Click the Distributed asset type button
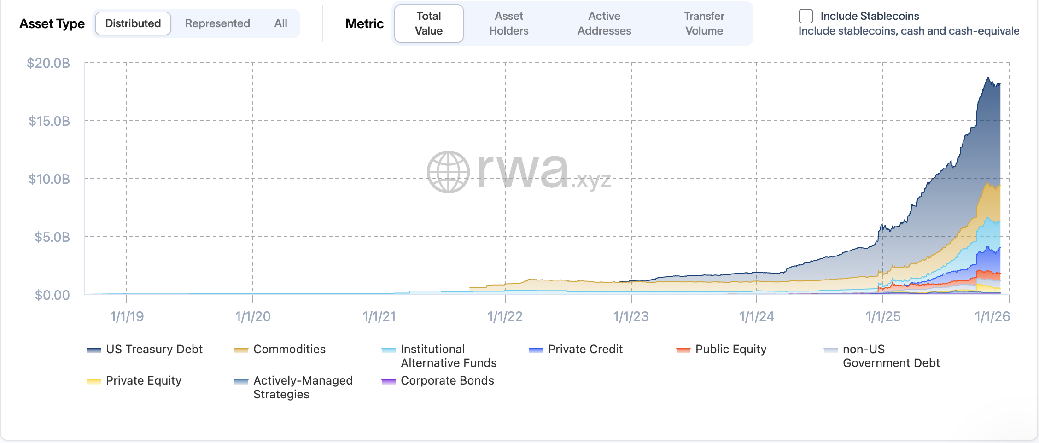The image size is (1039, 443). (133, 23)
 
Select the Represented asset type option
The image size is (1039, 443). (217, 23)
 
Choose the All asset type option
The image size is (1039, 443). (280, 23)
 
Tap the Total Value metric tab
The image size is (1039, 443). (429, 23)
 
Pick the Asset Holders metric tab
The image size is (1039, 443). (508, 23)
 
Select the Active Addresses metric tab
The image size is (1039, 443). (604, 23)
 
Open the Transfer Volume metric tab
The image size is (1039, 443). (704, 23)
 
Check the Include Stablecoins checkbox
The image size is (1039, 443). (806, 16)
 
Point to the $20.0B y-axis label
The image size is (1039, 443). (48, 63)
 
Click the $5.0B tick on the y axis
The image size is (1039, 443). (53, 237)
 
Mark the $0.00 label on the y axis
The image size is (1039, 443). (53, 295)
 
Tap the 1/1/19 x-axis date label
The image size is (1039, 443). (127, 316)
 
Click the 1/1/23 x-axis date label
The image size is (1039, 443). (631, 316)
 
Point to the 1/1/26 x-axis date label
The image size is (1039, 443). (992, 316)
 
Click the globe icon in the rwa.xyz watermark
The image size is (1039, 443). (448, 172)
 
